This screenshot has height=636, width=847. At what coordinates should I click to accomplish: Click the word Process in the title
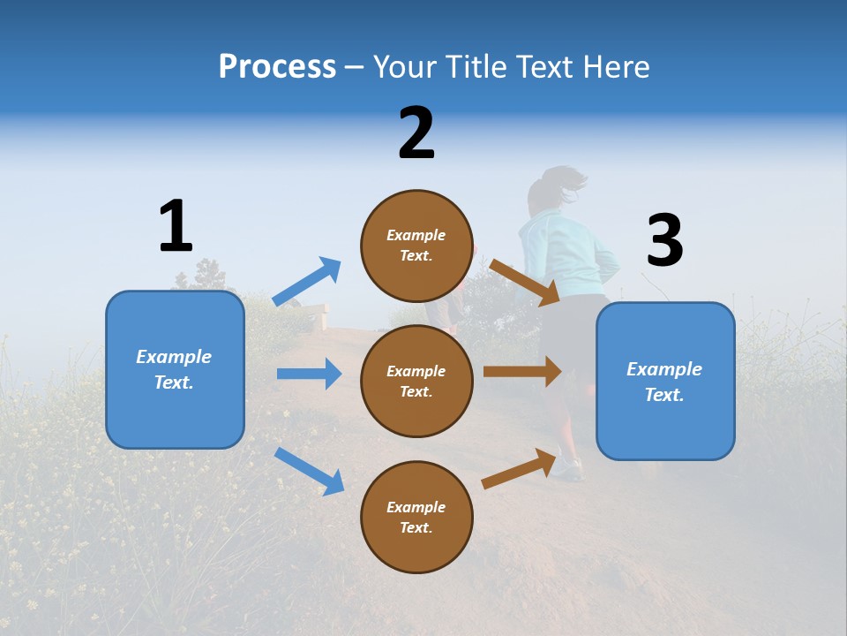(277, 67)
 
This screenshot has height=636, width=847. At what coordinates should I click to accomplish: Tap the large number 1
(176, 226)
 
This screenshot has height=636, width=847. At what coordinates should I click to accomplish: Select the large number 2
(416, 133)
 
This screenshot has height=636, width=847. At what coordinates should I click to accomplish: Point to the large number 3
(664, 240)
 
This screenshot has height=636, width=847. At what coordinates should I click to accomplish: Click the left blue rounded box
(175, 370)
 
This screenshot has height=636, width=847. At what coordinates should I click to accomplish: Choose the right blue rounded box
(665, 382)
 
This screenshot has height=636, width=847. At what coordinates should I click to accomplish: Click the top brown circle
(416, 246)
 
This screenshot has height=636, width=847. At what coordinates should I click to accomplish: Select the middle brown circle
(416, 381)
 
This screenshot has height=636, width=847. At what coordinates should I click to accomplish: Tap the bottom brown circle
(416, 517)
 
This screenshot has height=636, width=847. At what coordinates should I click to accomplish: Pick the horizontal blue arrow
(309, 374)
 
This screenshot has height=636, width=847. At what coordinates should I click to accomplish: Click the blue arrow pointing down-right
(309, 471)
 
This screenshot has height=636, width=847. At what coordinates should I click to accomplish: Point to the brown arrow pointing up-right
(521, 468)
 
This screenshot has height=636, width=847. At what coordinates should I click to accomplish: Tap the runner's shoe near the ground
(567, 467)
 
